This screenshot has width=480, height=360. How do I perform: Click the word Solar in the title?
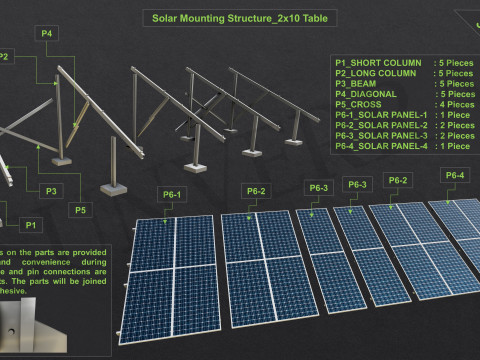[x=167, y=18]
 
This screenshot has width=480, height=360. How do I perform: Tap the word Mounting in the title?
[x=210, y=18]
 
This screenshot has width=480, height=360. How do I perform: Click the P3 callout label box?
[x=49, y=190]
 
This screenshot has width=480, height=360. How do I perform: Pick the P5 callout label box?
[x=81, y=209]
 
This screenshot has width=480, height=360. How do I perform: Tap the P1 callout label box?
[x=31, y=224]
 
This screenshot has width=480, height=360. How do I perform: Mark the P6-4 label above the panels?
[x=454, y=175]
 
